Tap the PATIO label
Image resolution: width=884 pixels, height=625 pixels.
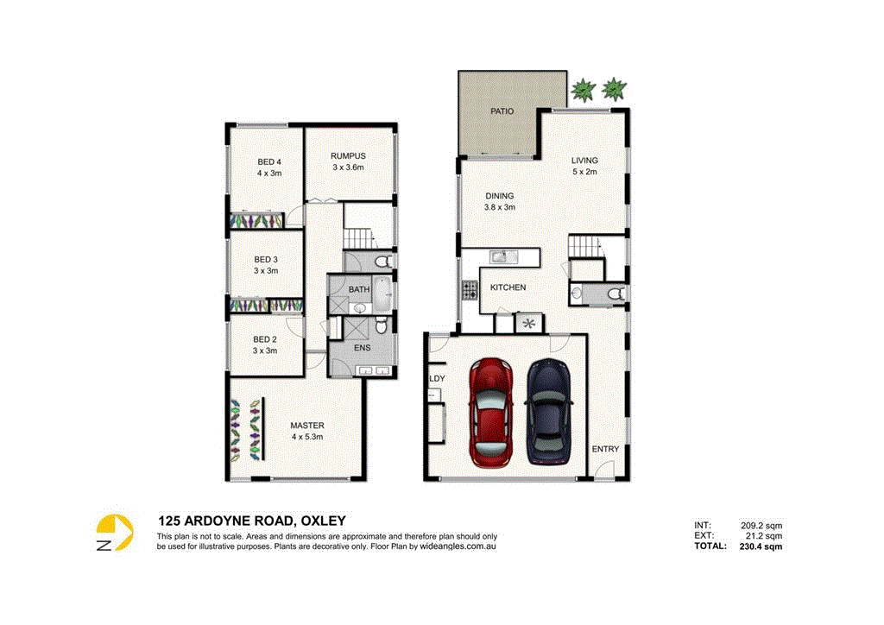coord(502,111)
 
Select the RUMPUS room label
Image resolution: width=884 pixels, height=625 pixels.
coord(349,156)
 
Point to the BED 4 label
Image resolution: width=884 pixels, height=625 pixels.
coord(269,161)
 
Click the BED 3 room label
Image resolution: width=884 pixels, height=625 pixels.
coord(265,259)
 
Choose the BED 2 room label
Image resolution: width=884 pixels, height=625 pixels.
coord(265,339)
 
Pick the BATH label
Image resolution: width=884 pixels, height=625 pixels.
coord(359,288)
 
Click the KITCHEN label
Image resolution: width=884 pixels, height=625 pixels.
coord(508,287)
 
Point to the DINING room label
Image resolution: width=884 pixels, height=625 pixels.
coord(499,196)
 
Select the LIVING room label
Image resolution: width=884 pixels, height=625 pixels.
coord(584,161)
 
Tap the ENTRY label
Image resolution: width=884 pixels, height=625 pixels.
coord(605,449)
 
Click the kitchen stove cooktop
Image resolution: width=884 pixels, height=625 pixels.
coord(470,291)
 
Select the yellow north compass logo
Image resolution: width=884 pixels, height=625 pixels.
coord(115,533)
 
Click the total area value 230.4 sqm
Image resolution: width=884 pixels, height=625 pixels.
coord(761,546)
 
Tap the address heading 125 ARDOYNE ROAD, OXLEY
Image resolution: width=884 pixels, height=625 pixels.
coord(251,521)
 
